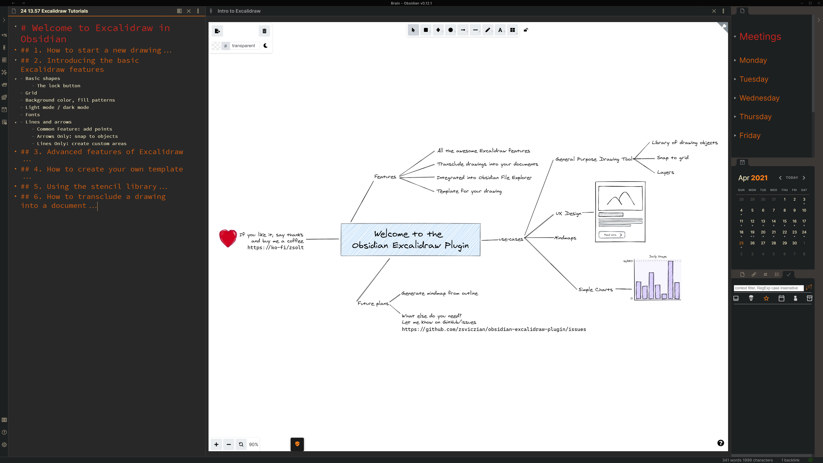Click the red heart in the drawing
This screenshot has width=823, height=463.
228,238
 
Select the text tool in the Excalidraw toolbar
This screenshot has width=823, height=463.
500,30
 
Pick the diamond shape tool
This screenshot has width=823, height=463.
438,30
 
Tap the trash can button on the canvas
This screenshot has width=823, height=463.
264,31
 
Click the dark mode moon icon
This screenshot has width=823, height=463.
266,46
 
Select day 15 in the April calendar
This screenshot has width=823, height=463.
784,221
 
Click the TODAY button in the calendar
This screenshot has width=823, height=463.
792,178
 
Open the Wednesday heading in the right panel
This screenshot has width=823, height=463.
759,98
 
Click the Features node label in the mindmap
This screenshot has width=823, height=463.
385,177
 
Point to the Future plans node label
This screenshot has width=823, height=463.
373,303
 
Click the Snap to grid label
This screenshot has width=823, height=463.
673,158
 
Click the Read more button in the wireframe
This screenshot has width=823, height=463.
612,235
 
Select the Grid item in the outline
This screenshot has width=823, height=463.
31,93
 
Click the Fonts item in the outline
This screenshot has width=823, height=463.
33,115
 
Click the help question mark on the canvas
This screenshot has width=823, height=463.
720,443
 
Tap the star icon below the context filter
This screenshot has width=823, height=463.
766,298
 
